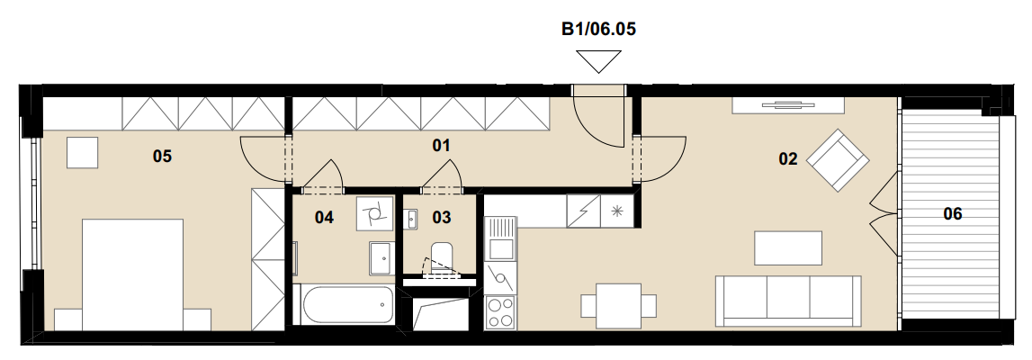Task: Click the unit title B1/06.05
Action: tap(598, 29)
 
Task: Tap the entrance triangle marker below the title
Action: tap(598, 61)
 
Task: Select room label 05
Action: tap(162, 156)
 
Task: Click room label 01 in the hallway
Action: tap(442, 146)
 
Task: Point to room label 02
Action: tap(788, 158)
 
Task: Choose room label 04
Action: tap(324, 217)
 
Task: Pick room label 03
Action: tap(442, 217)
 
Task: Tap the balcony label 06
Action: tap(952, 213)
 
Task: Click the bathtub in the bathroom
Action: tap(344, 304)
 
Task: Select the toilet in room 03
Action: tap(442, 257)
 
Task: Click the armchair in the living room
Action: tap(838, 160)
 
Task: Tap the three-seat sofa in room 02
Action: tap(788, 301)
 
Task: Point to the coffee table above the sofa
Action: tap(788, 248)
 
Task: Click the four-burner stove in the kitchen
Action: tap(500, 312)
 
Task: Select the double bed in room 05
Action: tap(132, 274)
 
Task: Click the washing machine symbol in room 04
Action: tap(374, 213)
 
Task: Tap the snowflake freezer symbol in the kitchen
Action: tap(617, 211)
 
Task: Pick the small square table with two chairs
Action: tap(619, 306)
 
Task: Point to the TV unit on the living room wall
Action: tap(788, 104)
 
